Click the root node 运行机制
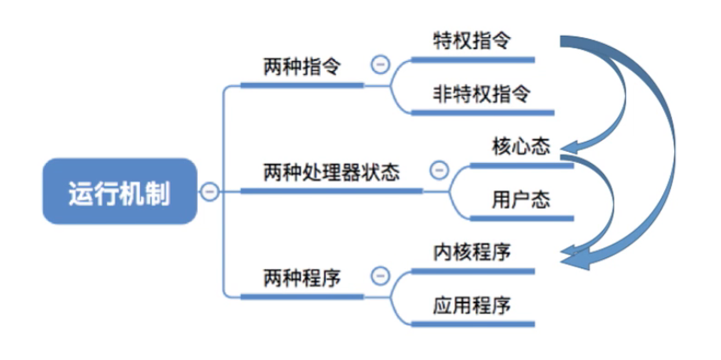point(119,192)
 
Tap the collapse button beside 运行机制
point(209,192)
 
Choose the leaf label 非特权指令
point(482,93)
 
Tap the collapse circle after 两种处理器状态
point(439,170)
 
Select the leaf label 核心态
point(521,146)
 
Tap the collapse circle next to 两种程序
point(381,276)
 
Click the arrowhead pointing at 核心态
point(571,145)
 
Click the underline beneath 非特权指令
point(482,112)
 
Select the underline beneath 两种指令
point(302,85)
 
